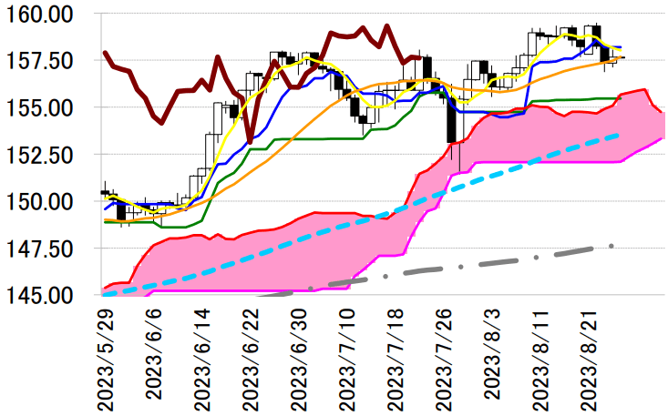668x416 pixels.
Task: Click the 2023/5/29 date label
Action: (x=106, y=357)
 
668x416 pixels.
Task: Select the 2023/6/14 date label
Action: (x=202, y=357)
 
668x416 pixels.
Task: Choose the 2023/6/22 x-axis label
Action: (x=251, y=357)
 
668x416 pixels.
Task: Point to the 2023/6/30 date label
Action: (x=299, y=357)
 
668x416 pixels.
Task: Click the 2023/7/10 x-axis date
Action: (x=348, y=357)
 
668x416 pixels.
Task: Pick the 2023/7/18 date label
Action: (x=396, y=357)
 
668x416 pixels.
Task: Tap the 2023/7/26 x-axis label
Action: (x=445, y=357)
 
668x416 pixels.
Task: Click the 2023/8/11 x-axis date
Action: (x=541, y=357)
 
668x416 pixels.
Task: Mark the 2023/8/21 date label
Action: (x=590, y=357)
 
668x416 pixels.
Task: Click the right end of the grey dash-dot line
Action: (x=613, y=245)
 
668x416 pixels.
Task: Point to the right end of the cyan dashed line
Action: (x=621, y=135)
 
